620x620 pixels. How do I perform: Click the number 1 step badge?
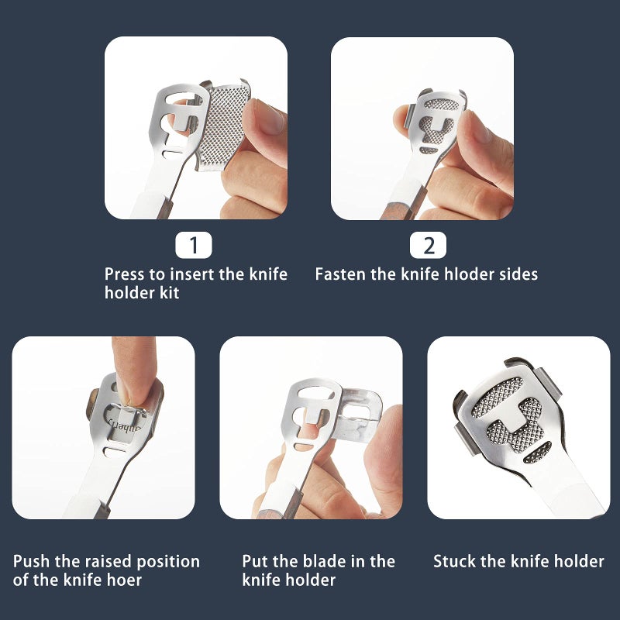coord(193,245)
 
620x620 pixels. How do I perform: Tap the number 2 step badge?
coord(429,245)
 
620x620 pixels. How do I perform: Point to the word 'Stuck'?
coord(452,561)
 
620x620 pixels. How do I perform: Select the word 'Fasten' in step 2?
coord(341,274)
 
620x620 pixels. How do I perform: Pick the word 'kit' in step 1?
coord(170,293)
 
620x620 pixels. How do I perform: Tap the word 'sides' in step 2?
coord(518,274)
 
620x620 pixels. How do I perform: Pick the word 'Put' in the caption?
coord(255,561)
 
